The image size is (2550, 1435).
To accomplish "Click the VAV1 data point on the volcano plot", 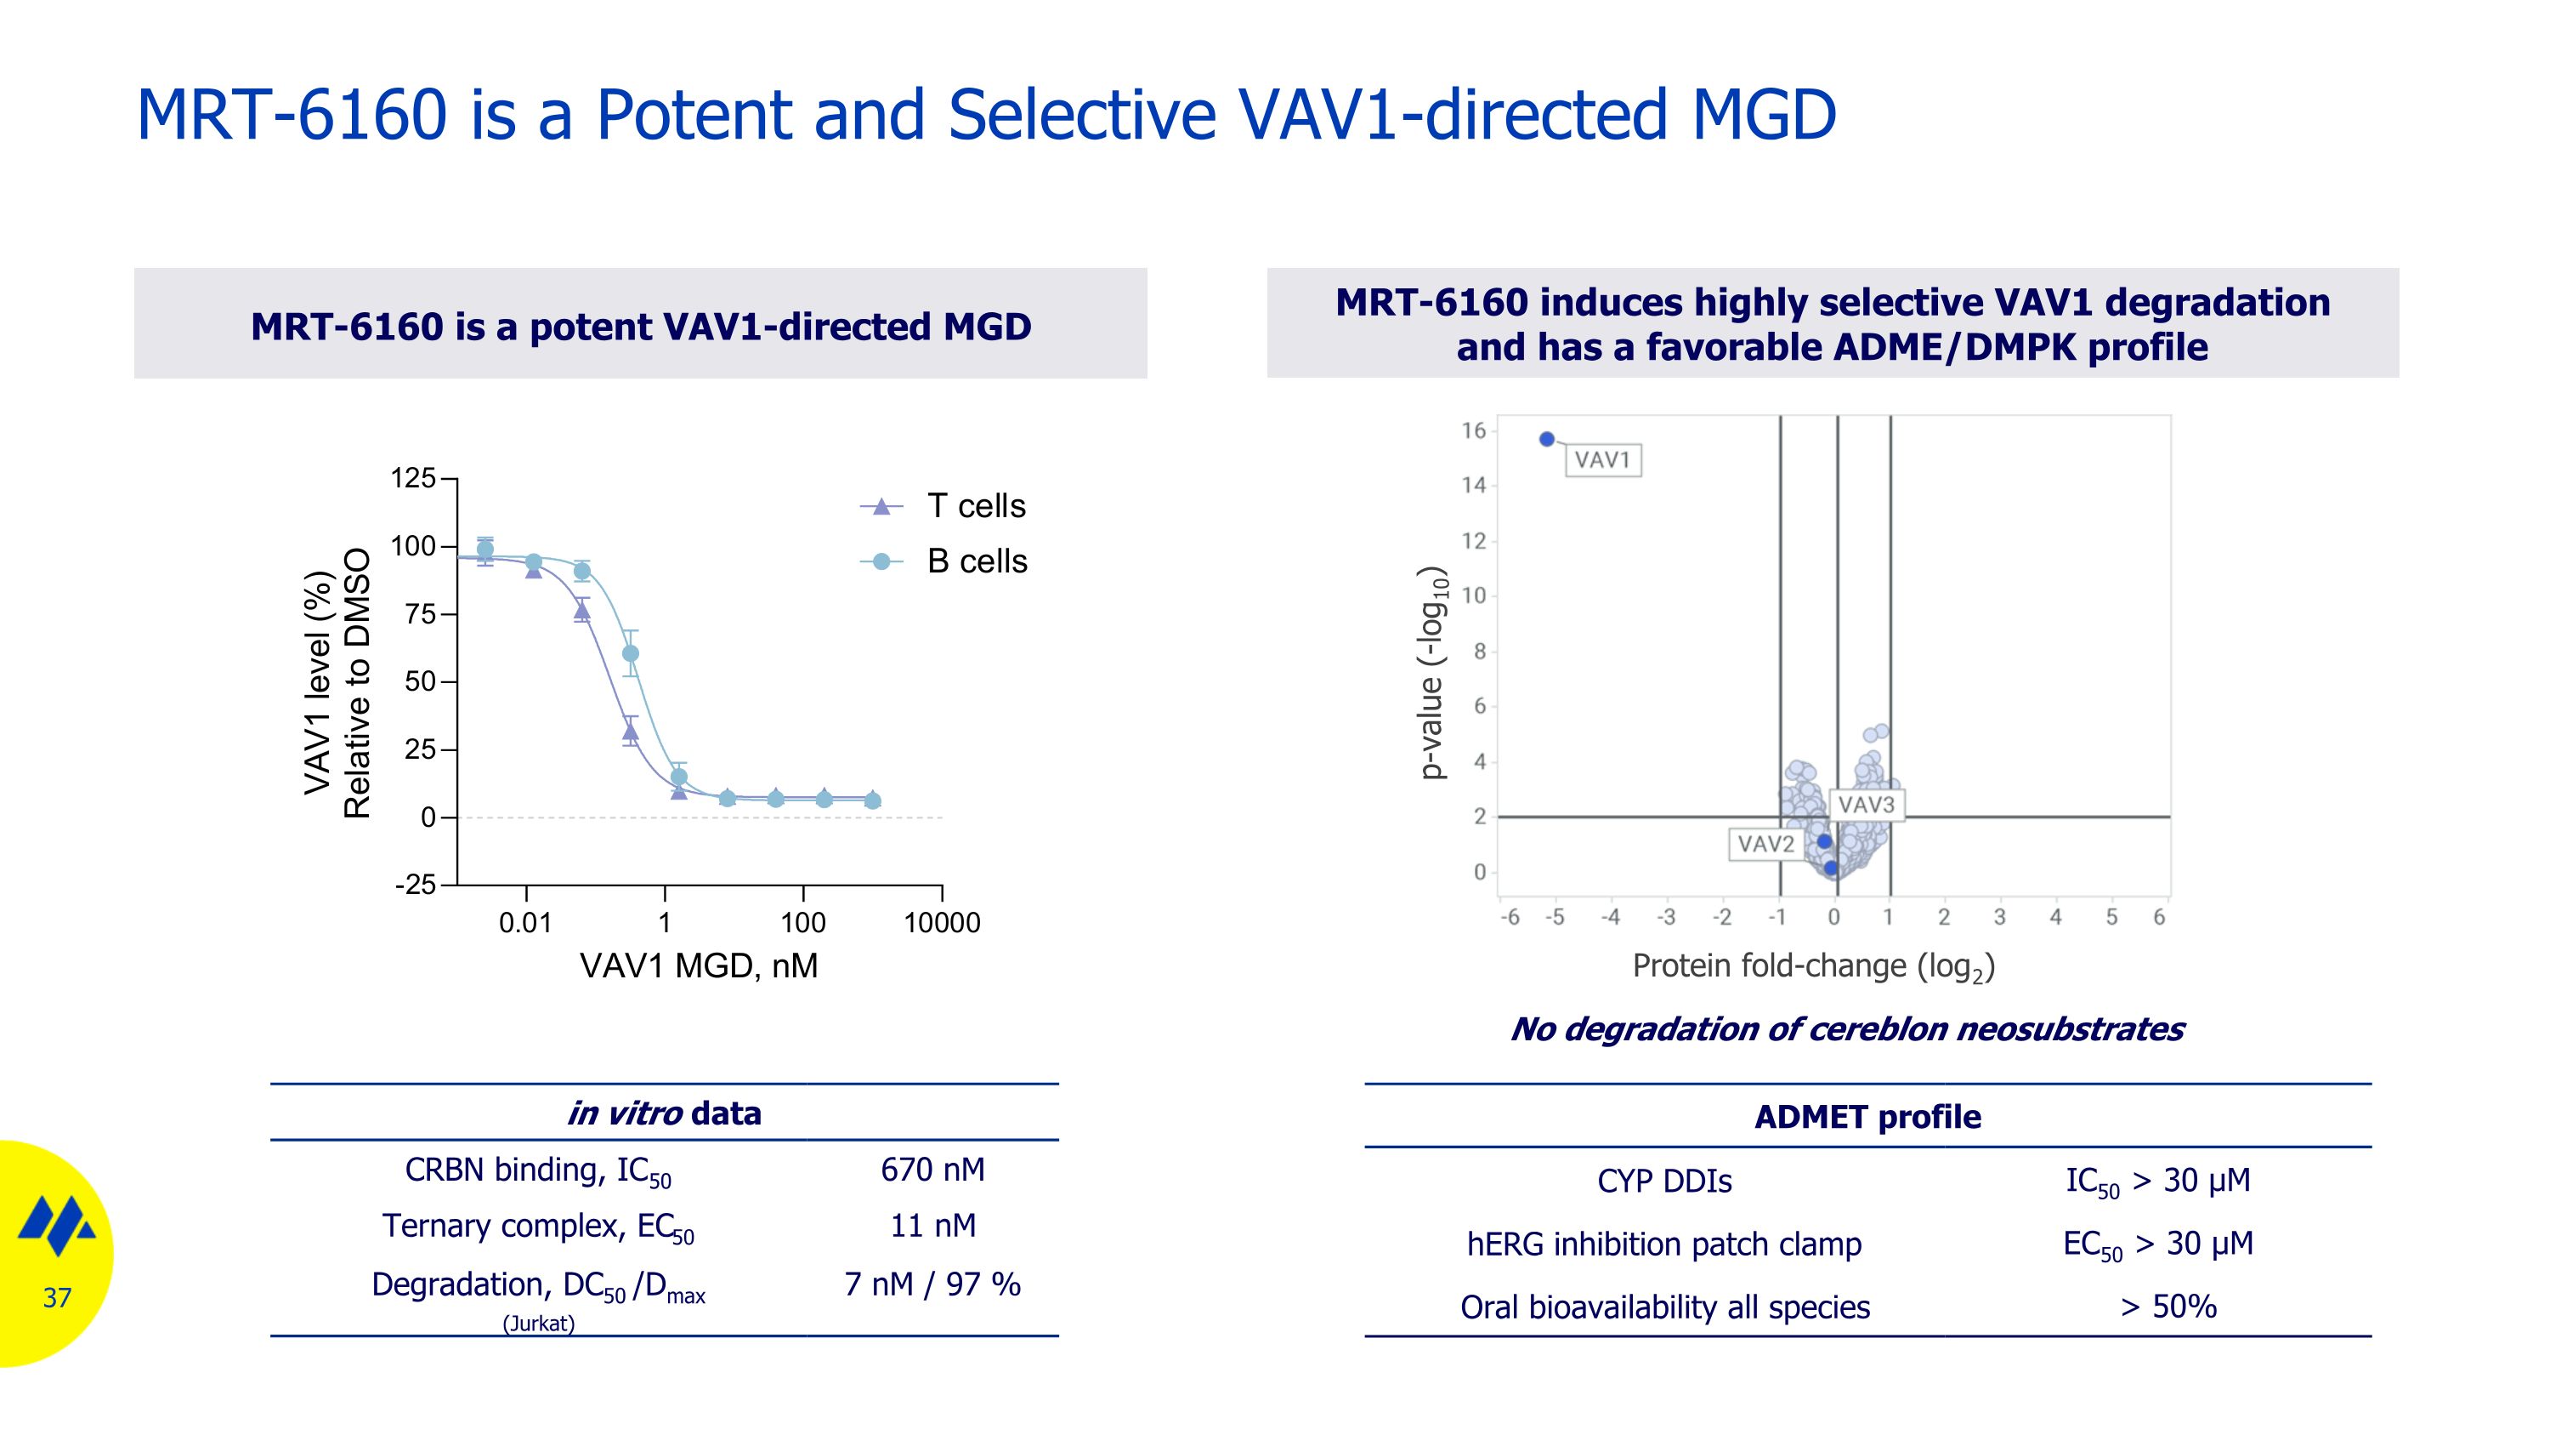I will [1547, 440].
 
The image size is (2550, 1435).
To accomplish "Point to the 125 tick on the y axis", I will [414, 478].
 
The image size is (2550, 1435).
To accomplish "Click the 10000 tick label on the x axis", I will [942, 923].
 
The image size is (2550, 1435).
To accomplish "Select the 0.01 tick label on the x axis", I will [524, 923].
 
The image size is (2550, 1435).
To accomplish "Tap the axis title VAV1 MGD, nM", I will [699, 965].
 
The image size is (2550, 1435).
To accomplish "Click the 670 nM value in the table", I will [932, 1170].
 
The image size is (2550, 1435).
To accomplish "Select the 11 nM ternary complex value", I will [932, 1226].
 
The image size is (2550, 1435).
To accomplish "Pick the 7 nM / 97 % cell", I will [932, 1284].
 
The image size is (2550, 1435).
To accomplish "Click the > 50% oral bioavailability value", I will [2167, 1307].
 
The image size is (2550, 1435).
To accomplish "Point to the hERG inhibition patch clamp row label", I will [1664, 1244].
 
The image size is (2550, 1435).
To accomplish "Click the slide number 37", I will [58, 1297].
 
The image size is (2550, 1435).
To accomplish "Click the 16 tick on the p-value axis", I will [1474, 430].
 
